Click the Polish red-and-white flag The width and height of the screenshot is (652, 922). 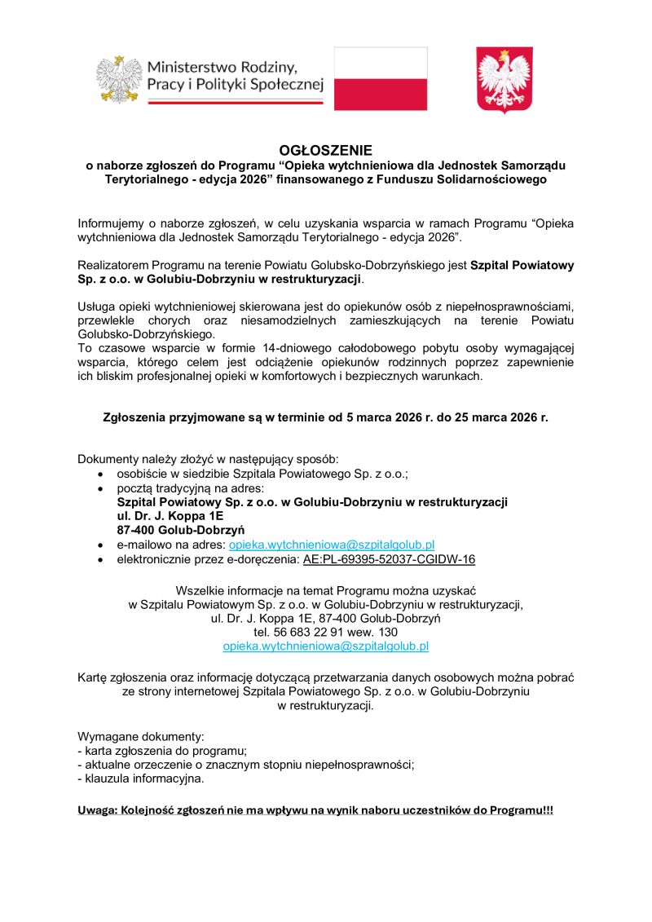381,78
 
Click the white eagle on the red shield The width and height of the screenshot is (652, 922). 504,79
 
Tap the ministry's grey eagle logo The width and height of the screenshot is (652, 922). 119,79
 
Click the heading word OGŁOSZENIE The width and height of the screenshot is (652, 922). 325,151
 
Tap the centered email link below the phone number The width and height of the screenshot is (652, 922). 325,646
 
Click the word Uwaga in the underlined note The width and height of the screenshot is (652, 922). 95,810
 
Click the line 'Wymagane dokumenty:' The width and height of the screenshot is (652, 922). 129,736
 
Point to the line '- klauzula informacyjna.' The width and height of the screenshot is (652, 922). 140,779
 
